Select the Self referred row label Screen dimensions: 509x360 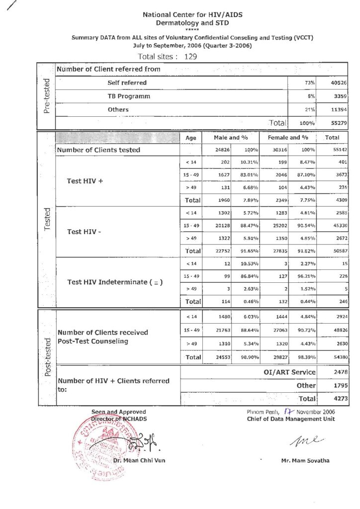tap(127, 83)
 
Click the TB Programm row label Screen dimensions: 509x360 tap(129, 96)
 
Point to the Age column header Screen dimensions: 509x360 tap(191, 138)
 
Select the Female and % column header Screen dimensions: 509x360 tap(288, 137)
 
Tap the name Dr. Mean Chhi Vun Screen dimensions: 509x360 tap(139, 460)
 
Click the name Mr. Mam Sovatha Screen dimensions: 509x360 tap(305, 460)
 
